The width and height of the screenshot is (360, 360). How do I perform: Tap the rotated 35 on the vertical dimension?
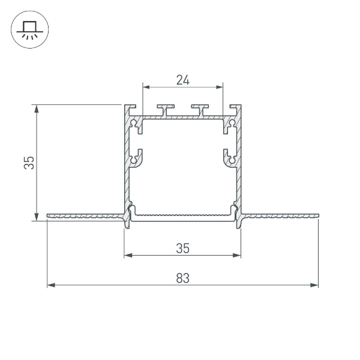pyautogui.click(x=28, y=163)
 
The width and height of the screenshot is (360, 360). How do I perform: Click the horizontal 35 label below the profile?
pyautogui.click(x=182, y=248)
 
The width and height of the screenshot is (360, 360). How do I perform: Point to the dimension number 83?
pyautogui.click(x=182, y=278)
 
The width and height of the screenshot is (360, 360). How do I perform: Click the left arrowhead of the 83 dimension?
pyautogui.click(x=50, y=284)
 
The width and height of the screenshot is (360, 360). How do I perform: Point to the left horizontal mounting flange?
pyautogui.click(x=84, y=215)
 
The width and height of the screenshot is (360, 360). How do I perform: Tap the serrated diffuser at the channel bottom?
pyautogui.click(x=182, y=214)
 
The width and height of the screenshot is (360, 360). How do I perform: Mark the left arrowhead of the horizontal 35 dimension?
pyautogui.click(x=127, y=256)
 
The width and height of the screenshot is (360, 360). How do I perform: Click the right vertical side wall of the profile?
pyautogui.click(x=239, y=162)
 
